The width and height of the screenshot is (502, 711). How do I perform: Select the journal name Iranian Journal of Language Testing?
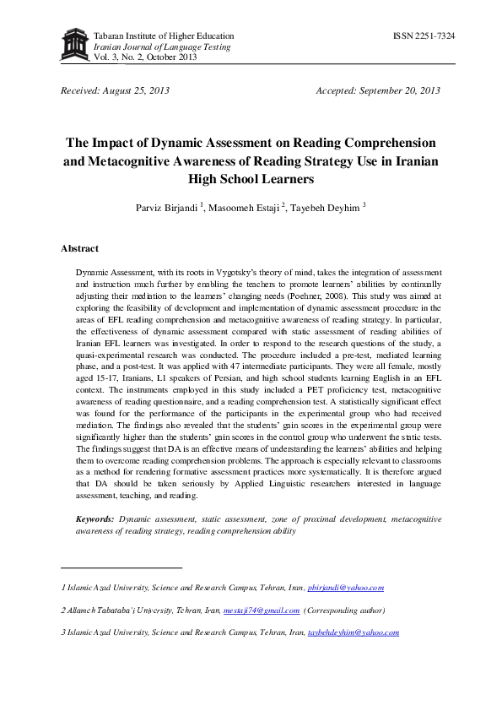tap(150, 47)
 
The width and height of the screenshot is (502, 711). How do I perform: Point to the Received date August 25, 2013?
tap(116, 90)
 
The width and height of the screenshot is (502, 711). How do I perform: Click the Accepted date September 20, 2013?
tap(377, 90)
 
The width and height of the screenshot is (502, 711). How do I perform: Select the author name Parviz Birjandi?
tap(165, 209)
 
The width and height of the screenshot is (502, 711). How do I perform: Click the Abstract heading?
tap(79, 249)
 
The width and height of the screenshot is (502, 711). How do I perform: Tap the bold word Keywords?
tap(94, 518)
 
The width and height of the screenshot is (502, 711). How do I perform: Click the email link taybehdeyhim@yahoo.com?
tap(353, 632)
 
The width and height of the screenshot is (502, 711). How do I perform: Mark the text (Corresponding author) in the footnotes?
tap(344, 610)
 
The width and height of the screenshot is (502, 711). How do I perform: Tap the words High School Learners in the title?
tap(251, 179)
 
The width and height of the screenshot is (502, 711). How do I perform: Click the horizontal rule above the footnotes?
tap(121, 567)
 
